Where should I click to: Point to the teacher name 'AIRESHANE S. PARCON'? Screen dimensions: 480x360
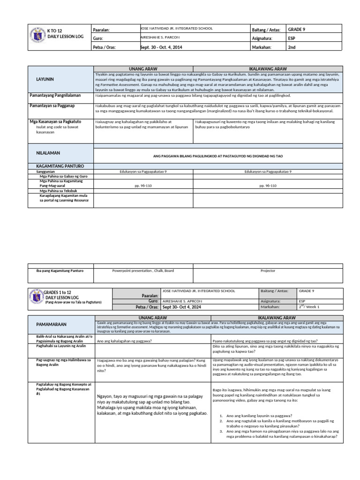point(160,37)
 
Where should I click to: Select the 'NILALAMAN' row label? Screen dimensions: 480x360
point(48,153)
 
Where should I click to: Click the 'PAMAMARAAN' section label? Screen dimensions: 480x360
point(51,324)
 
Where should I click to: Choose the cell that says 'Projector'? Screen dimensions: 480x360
point(268,270)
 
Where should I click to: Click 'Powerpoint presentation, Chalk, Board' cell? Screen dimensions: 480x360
point(143,270)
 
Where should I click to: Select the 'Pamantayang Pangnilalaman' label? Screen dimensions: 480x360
point(55,95)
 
